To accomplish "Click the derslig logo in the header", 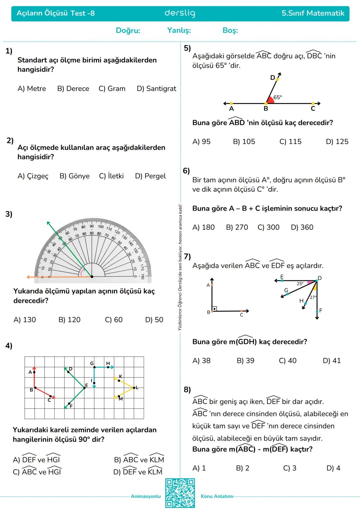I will point(180,13).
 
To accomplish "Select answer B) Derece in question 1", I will point(73,89).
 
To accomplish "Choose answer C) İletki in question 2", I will point(111,176).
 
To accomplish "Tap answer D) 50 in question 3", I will point(154,320).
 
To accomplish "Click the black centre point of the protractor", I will point(92,277).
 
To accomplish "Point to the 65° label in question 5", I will point(278,97).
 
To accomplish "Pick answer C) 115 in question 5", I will point(290,142).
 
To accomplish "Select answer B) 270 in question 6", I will point(237,227).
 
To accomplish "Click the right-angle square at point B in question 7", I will point(214,309).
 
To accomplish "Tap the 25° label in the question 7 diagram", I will point(300,284).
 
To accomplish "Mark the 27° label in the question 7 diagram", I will point(313,297).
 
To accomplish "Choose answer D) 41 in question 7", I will point(332,361).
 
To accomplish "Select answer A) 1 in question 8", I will point(199,468).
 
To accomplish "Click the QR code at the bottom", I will point(180,493).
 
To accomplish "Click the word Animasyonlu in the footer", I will point(146,496).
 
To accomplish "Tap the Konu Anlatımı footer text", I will point(217,496).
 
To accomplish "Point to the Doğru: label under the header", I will point(128,31).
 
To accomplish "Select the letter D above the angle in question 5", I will point(272,78).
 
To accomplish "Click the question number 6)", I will point(186,171).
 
